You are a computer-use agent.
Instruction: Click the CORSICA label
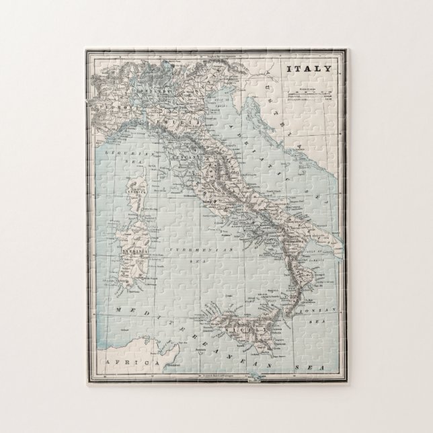134,190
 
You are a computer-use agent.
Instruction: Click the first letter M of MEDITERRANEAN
118,310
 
